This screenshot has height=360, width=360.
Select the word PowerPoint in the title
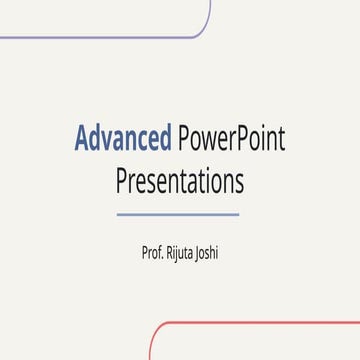[230, 138]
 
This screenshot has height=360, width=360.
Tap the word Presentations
[179, 183]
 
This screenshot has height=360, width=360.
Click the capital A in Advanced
[82, 138]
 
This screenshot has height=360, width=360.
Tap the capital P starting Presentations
[122, 183]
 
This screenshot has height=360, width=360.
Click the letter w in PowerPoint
[209, 140]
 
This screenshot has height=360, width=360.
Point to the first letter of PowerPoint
[181, 138]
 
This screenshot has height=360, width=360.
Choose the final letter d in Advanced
[164, 138]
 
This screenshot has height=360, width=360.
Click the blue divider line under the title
[178, 214]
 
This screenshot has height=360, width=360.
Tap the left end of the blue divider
[118, 214]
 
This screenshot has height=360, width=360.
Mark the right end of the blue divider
[238, 214]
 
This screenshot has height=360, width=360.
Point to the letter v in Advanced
[110, 140]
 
